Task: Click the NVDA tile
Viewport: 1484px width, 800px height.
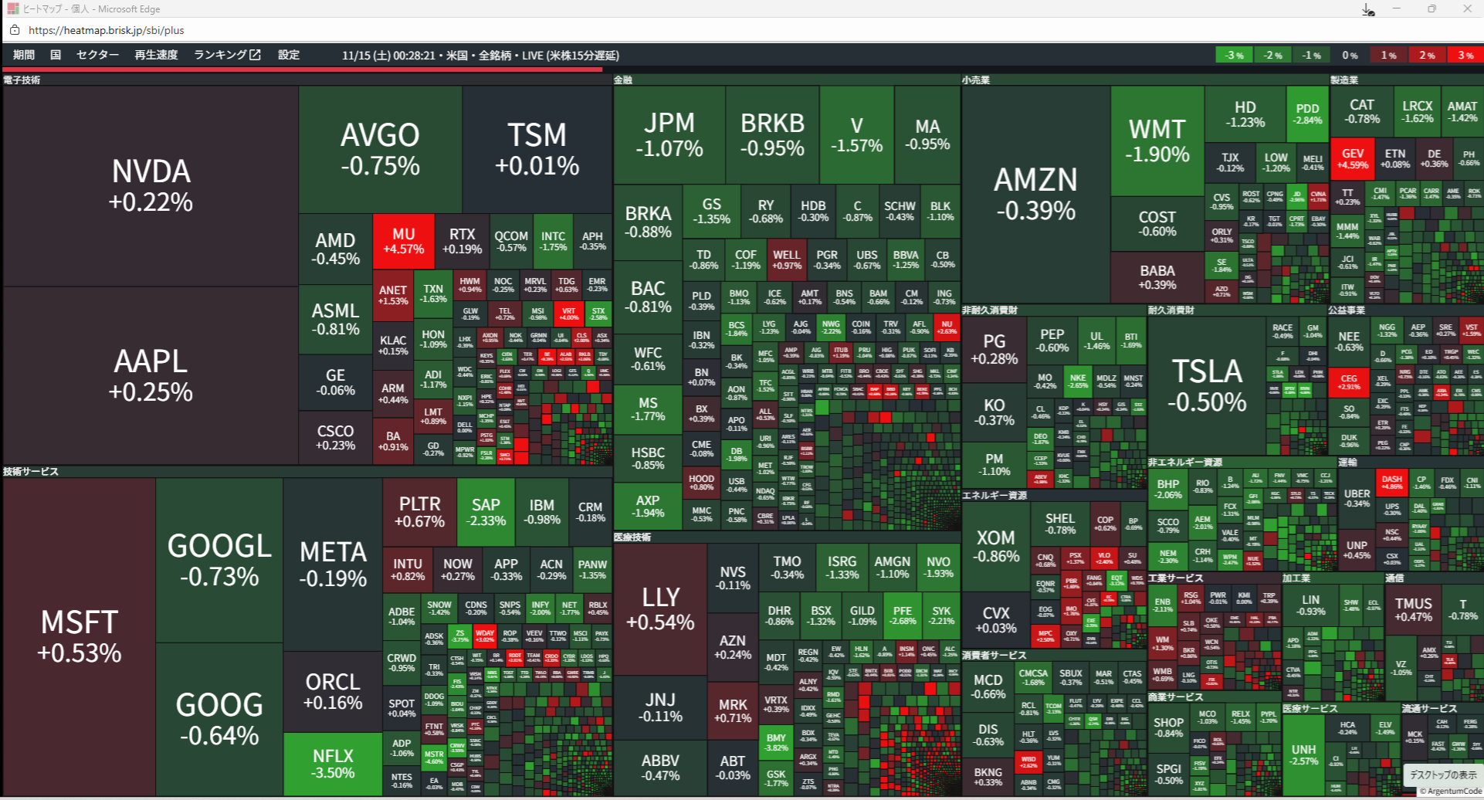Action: pos(151,186)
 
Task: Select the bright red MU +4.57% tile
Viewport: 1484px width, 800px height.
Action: pos(403,241)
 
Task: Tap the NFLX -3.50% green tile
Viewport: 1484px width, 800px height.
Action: pos(333,764)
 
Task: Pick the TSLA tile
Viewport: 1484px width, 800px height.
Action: pos(1207,385)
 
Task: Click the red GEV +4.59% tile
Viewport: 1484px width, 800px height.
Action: pos(1353,159)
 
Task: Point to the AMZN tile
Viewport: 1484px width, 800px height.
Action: pos(1035,194)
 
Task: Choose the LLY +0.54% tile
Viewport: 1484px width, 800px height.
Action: pos(660,608)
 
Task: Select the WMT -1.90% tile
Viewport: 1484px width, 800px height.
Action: pos(1157,140)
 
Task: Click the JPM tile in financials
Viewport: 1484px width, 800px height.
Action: pos(669,134)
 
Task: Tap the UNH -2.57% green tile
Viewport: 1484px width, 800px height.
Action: pos(1303,754)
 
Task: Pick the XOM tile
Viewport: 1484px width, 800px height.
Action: pos(995,546)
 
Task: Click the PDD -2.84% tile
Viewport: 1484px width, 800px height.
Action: pos(1307,114)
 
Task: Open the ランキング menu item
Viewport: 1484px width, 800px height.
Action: pos(227,55)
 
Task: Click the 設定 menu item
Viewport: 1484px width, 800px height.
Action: pos(289,55)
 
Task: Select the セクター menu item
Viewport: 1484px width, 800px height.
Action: pos(97,55)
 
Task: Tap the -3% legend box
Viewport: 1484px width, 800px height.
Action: pos(1234,56)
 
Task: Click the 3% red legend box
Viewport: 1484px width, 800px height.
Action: pos(1465,56)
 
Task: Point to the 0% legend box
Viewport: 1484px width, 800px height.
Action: pos(1350,56)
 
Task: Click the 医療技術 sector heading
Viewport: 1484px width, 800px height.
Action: pos(632,537)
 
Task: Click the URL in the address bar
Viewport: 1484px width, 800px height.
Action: pos(107,30)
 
